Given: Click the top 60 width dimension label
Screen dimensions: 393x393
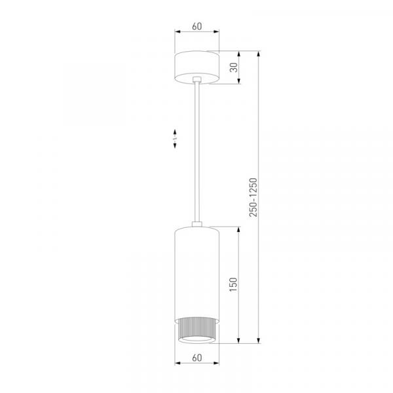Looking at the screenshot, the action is pyautogui.click(x=196, y=26).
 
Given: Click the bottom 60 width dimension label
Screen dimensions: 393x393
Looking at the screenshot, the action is pyautogui.click(x=196, y=358).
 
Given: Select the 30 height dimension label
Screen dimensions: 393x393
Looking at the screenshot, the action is pyautogui.click(x=234, y=67).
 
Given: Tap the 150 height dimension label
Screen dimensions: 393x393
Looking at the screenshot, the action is pyautogui.click(x=233, y=284).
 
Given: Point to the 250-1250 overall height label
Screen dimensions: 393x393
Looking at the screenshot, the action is pyautogui.click(x=253, y=197).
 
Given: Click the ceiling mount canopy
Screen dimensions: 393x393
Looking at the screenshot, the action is pyautogui.click(x=197, y=67).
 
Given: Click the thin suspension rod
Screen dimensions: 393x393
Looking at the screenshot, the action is pyautogui.click(x=197, y=152).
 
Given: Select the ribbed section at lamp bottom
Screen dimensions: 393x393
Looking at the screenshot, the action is pyautogui.click(x=197, y=329).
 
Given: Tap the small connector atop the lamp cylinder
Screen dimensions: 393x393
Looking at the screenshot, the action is pyautogui.click(x=197, y=224).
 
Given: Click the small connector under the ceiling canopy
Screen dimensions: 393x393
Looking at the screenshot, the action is pyautogui.click(x=197, y=79).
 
